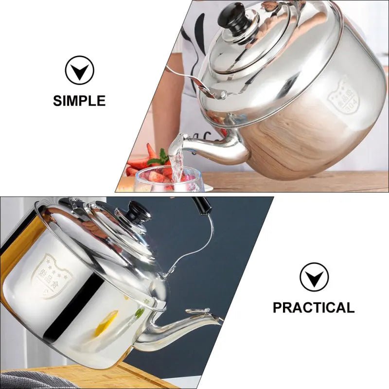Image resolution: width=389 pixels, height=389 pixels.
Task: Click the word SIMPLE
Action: tap(79, 101)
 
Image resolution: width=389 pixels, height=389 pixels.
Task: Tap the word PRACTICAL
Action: tap(313, 307)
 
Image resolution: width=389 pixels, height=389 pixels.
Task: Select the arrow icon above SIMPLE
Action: tap(79, 71)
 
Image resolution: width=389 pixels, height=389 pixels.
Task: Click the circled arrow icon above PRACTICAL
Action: tap(314, 277)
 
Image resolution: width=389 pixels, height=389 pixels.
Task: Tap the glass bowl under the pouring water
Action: tap(168, 181)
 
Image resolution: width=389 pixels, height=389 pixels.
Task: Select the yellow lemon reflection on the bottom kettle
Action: tap(106, 323)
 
